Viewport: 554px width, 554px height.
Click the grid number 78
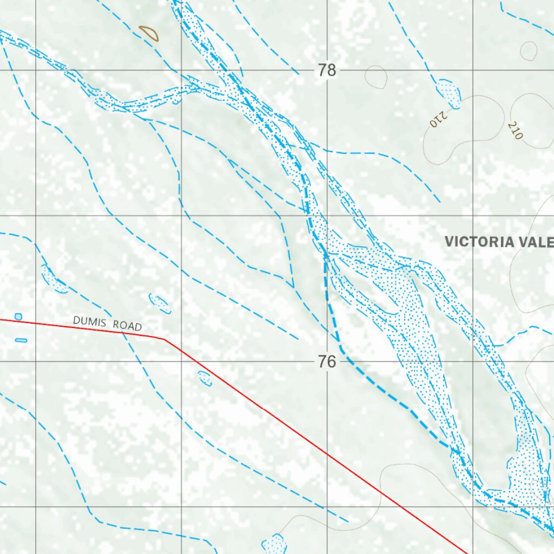click(327, 70)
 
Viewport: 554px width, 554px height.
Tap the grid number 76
click(327, 361)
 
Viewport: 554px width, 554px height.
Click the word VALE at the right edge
click(536, 242)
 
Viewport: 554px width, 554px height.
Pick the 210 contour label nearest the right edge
click(515, 130)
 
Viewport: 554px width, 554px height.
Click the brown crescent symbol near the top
click(149, 34)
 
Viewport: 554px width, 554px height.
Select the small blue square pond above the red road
click(18, 316)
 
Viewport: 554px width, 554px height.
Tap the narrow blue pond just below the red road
click(21, 340)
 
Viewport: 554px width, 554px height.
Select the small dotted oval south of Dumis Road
click(205, 378)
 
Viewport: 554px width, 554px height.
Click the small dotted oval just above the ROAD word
click(160, 304)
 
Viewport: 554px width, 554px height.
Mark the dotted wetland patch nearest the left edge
click(54, 279)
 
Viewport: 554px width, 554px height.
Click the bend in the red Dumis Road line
click(164, 339)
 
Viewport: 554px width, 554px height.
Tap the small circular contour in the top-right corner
click(529, 51)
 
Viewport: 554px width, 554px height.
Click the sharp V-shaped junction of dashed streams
click(293, 287)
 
